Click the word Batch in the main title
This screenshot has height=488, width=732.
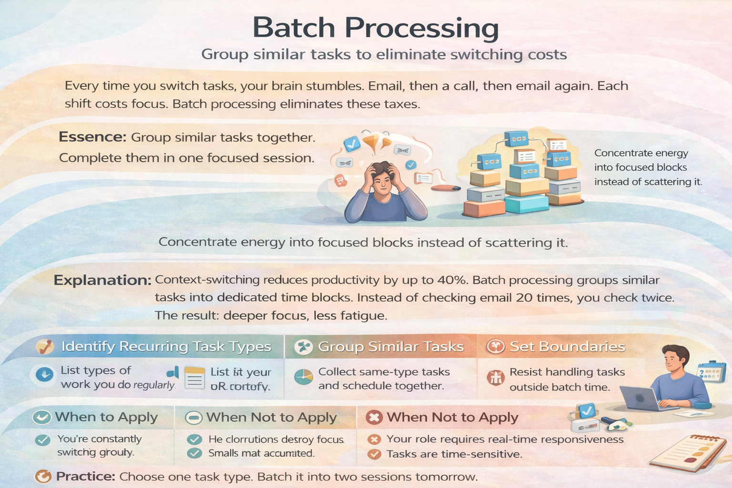(295, 28)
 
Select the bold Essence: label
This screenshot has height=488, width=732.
(92, 137)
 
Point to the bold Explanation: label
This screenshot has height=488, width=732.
(102, 280)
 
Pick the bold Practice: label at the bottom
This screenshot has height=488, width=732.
(85, 477)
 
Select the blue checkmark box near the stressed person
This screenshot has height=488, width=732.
(352, 143)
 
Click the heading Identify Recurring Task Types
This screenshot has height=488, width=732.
(166, 346)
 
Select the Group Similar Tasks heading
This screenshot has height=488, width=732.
(391, 346)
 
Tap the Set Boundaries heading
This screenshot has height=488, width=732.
(567, 346)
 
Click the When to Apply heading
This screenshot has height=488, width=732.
(106, 417)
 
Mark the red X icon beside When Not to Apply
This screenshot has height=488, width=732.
(374, 417)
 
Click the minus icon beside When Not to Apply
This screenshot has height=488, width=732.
(194, 418)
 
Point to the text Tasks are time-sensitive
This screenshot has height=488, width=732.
(454, 454)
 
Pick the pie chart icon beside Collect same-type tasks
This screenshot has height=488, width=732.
(303, 377)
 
